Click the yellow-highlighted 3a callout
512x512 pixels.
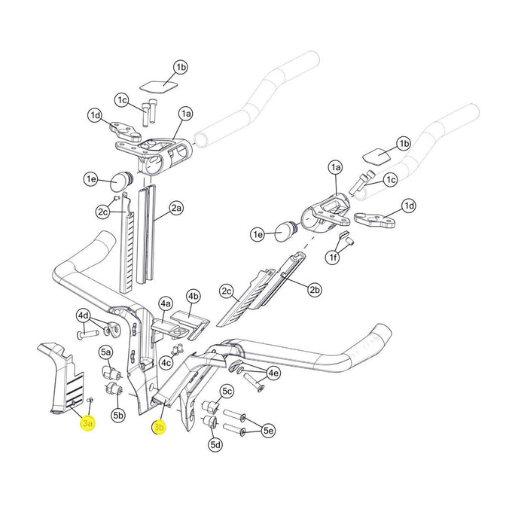click(88, 425)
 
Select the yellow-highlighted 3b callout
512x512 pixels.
click(159, 428)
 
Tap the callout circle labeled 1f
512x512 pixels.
click(332, 258)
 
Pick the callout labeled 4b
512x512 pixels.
click(193, 296)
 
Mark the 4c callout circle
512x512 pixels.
click(166, 362)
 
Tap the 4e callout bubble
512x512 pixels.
click(273, 373)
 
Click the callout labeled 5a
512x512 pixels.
click(106, 352)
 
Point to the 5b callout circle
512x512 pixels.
click(118, 415)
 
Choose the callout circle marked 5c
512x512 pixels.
click(227, 391)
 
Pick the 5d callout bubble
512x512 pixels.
click(215, 445)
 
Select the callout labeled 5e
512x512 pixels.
click(268, 431)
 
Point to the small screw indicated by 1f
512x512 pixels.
click(348, 241)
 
